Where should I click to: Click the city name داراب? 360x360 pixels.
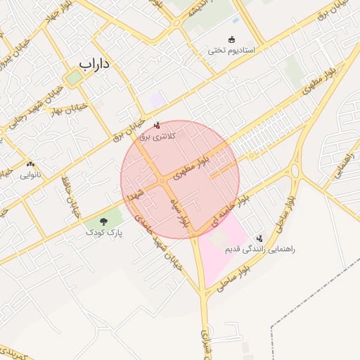click(x=96, y=64)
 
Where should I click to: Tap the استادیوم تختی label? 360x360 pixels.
click(x=235, y=51)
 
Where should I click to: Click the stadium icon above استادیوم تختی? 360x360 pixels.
click(x=232, y=39)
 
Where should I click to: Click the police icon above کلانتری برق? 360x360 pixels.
click(x=156, y=125)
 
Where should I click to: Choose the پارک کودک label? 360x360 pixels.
click(x=104, y=231)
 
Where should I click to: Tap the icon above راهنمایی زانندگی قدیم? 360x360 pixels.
click(x=259, y=239)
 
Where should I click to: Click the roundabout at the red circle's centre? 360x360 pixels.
click(x=162, y=181)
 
